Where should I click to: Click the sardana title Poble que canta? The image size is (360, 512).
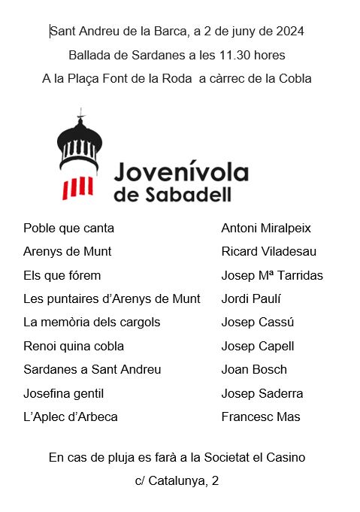69,228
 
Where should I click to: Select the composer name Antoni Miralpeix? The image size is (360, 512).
266,228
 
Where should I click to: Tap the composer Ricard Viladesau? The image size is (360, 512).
269,251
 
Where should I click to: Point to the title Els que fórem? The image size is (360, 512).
62,275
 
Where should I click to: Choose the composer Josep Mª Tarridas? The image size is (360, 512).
272,275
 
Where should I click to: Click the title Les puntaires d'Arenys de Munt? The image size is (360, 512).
112,298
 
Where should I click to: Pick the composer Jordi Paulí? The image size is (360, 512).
251,298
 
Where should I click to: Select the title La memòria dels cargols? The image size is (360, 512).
92,323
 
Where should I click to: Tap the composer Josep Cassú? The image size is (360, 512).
258,323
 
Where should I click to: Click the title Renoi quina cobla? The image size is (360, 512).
74,346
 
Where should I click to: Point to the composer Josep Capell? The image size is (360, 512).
258,346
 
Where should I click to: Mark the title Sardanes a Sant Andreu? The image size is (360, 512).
92,369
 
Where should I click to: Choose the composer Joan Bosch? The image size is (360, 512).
254,369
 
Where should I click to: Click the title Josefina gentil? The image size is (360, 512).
64,393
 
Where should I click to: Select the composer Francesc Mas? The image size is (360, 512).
261,417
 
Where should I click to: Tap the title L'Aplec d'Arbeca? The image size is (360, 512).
71,417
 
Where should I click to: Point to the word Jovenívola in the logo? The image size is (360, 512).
181,173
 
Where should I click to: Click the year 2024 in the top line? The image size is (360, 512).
289,31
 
